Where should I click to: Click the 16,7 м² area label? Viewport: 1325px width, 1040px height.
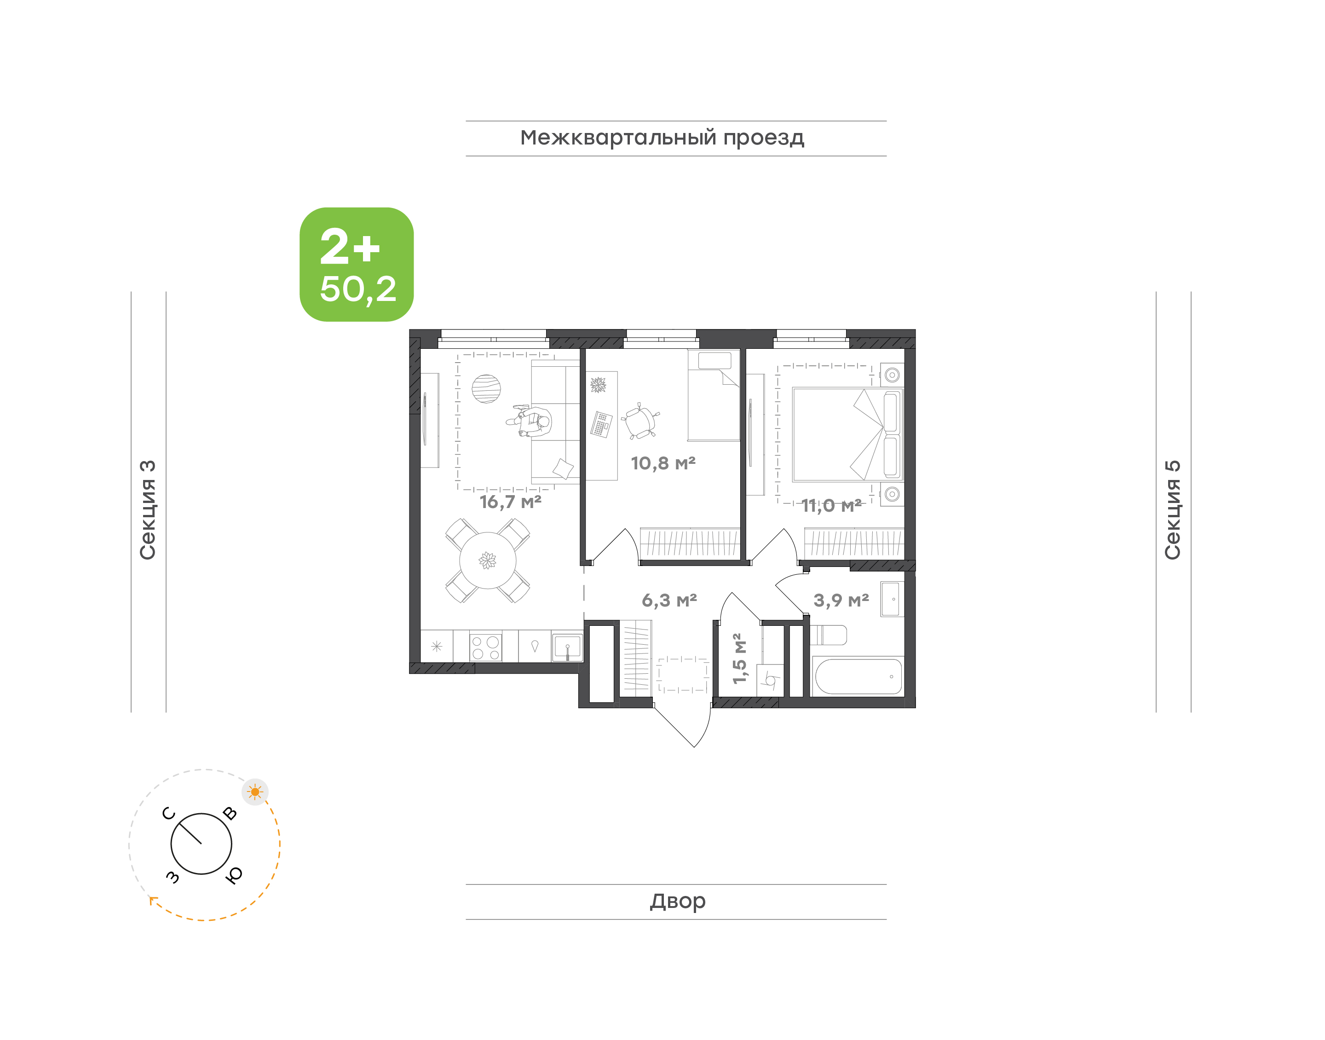(x=510, y=502)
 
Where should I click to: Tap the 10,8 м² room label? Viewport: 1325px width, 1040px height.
(x=663, y=463)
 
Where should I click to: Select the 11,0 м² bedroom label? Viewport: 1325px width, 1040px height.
(x=831, y=505)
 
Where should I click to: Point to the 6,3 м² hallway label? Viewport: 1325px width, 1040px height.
(x=669, y=601)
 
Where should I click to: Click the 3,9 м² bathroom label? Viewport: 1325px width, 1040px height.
(x=841, y=601)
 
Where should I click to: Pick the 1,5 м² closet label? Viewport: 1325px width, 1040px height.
(x=738, y=658)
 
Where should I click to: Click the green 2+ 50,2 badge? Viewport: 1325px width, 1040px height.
(x=357, y=264)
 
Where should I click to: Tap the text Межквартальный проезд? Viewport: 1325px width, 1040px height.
(x=662, y=138)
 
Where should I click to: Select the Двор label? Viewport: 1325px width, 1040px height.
(x=677, y=901)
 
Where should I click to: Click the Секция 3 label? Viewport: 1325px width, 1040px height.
(x=148, y=510)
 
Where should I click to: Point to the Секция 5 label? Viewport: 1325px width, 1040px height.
(x=1173, y=510)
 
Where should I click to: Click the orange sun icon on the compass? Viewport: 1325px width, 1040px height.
(x=255, y=792)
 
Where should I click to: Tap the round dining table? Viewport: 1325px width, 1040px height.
(x=488, y=560)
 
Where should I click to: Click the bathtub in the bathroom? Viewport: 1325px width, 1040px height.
(x=858, y=676)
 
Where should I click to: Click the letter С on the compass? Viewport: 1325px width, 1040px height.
(x=168, y=814)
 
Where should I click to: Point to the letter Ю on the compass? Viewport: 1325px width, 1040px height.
(x=234, y=875)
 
